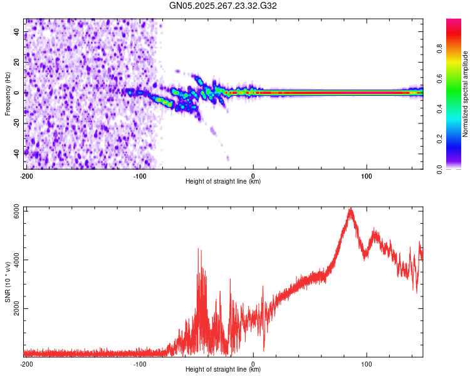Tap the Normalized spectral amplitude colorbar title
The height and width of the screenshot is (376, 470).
point(465,94)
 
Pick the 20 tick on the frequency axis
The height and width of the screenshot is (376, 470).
point(16,62)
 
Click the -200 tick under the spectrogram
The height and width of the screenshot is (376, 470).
point(26,175)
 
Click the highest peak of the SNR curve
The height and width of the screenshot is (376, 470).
point(350,209)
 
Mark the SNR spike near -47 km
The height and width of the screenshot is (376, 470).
point(199,249)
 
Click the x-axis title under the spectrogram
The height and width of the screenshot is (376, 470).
point(223,182)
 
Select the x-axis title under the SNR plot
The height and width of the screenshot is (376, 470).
point(223,370)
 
